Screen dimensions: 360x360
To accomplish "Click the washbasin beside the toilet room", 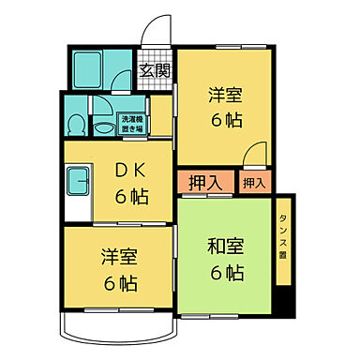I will coord(98,106).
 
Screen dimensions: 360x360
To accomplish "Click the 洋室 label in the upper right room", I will coord(226,95).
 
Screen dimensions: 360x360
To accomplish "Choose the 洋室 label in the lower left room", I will coord(118,257).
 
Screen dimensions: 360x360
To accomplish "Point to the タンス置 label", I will coord(283,234).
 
